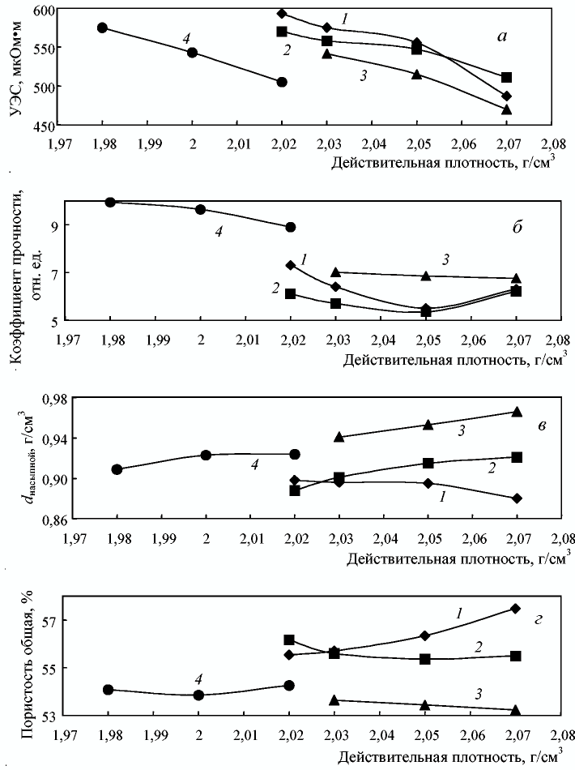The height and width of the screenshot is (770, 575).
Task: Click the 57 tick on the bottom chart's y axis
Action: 50,621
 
